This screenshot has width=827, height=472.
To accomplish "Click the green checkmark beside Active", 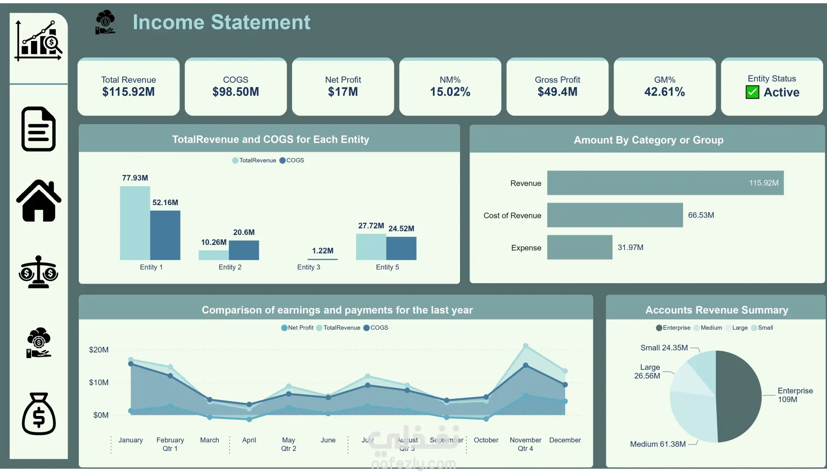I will click(752, 92).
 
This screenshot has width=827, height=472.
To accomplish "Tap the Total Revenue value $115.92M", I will click(128, 92).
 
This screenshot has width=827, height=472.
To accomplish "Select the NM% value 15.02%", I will click(450, 92).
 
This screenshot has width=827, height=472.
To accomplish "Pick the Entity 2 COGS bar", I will click(244, 250).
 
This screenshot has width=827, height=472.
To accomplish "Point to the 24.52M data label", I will click(401, 228).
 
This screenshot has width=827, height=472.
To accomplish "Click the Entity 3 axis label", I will click(308, 267).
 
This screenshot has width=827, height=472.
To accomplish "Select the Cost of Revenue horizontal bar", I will click(615, 215).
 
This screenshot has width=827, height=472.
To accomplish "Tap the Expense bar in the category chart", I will click(579, 247).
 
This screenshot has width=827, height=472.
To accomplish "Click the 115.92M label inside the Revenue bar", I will click(764, 183).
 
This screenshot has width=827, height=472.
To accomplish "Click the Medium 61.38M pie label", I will click(658, 444).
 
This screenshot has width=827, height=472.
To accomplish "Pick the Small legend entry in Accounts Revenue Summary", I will click(765, 328).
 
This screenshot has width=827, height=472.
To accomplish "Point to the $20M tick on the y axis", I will click(99, 350).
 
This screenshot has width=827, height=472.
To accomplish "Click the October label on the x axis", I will click(486, 440).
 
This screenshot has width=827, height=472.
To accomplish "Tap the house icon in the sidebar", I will click(39, 201).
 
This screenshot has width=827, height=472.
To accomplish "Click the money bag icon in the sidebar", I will click(39, 414).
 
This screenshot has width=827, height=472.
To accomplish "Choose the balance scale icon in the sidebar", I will click(39, 272).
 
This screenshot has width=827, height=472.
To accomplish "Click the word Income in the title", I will click(168, 22).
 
